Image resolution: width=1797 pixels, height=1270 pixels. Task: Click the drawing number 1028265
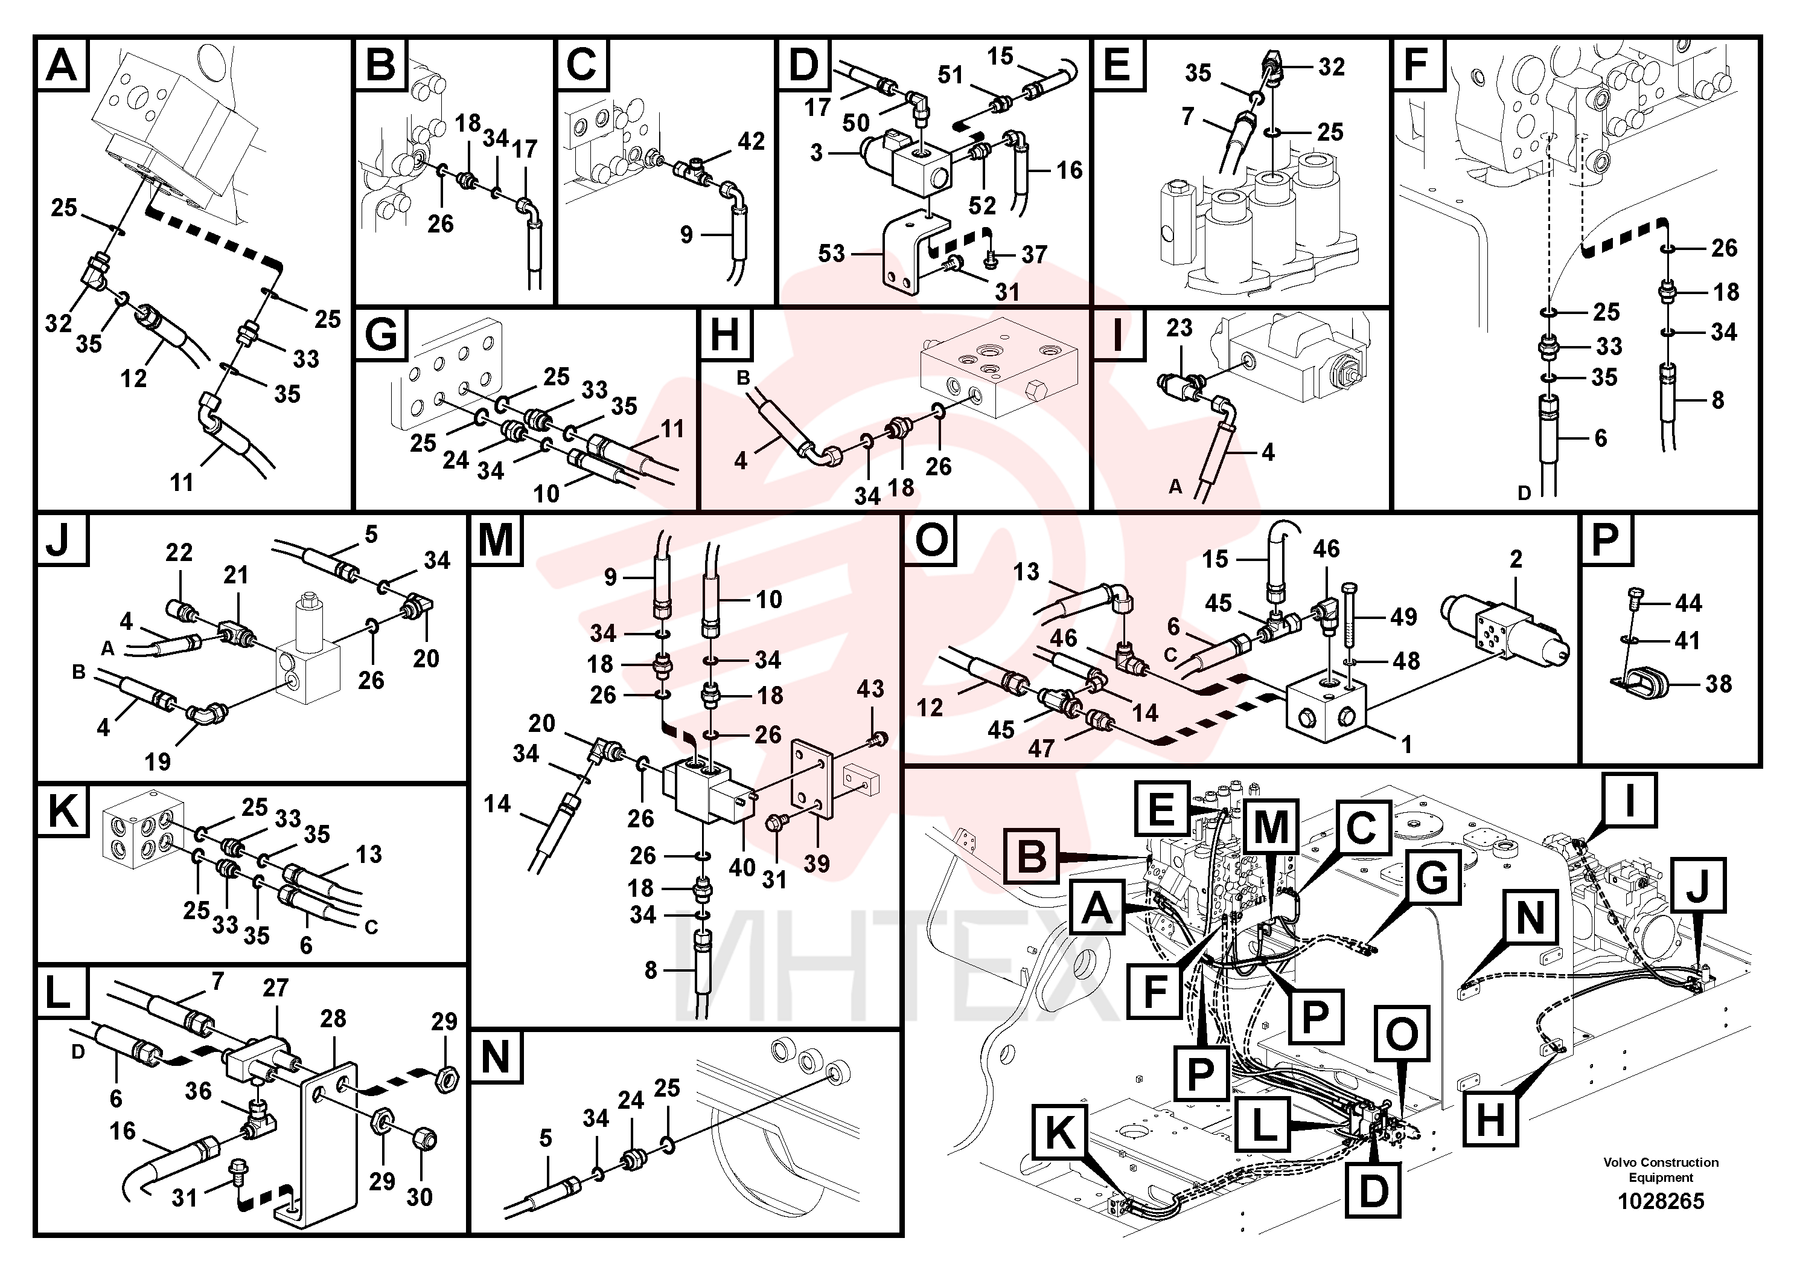point(1661,1201)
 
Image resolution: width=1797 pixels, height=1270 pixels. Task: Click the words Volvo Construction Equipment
point(1661,1170)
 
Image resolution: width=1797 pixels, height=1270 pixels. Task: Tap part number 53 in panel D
point(831,253)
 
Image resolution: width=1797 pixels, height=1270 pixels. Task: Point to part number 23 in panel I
point(1179,327)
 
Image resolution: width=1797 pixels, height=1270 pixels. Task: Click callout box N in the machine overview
point(1531,918)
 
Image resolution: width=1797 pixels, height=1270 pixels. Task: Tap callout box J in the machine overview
point(1699,885)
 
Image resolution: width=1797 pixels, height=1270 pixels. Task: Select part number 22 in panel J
point(179,552)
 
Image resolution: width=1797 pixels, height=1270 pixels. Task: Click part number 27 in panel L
point(275,987)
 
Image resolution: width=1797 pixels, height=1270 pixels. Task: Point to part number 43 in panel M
point(870,688)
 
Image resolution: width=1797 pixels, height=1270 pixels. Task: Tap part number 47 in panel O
point(1041,748)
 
